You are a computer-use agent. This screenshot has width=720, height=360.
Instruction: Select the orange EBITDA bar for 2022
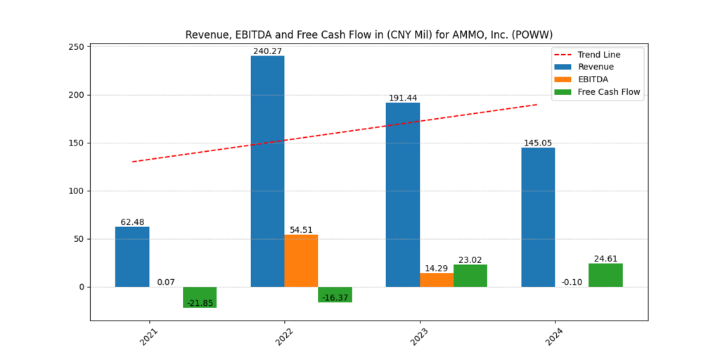coord(301,260)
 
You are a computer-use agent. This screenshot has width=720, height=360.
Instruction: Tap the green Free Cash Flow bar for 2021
coord(200,297)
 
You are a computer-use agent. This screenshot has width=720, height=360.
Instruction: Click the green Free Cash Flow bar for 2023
coord(470,276)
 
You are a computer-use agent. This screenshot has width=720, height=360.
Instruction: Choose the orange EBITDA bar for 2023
coord(437,280)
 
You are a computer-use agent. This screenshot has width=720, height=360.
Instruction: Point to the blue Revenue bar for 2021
coord(132,257)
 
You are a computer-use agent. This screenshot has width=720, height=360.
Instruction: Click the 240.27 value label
coord(267,51)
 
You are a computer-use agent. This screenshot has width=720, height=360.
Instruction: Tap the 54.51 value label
coord(301,230)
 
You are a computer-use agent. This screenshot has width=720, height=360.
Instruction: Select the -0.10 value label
coord(572,282)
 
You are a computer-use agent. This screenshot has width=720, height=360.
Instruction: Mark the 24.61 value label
coord(605,259)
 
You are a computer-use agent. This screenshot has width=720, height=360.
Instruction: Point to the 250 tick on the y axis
coord(75,47)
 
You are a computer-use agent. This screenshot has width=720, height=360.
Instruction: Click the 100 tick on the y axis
coord(75,191)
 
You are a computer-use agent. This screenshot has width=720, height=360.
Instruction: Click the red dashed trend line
coord(334,133)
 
